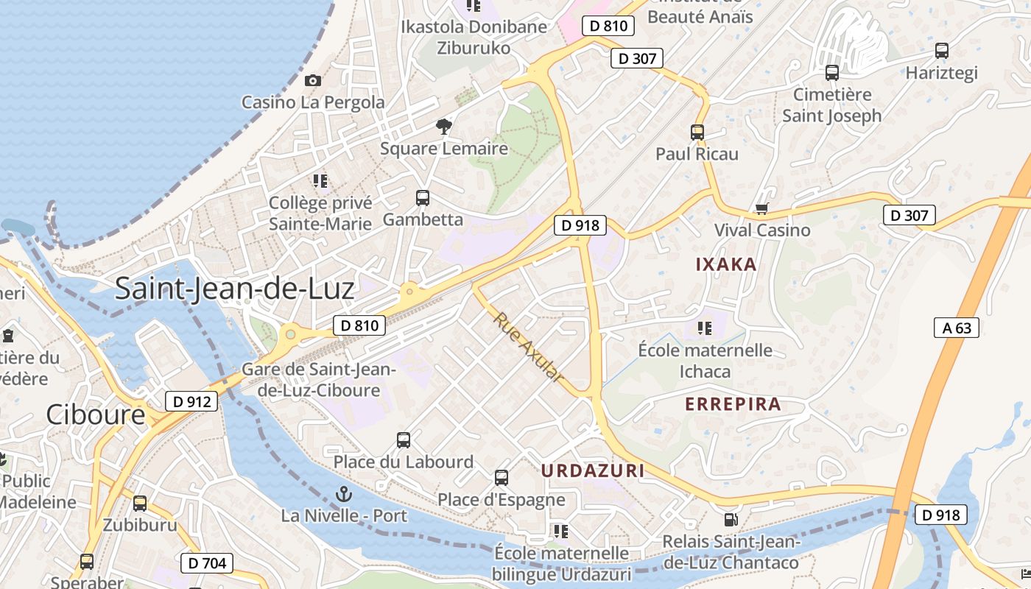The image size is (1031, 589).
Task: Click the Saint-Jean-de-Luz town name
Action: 234,288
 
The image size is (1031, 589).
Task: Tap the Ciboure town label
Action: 96,415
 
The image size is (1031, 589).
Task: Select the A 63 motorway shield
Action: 957,328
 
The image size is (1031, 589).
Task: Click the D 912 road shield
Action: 191,401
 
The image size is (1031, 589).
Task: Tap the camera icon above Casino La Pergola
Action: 313,80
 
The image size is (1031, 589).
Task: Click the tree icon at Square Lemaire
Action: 443,127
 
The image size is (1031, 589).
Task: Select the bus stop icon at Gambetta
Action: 423,197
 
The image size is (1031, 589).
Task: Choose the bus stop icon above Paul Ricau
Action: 697,133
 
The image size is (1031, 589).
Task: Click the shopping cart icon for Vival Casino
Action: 762,208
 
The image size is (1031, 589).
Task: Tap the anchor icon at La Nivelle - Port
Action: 343,494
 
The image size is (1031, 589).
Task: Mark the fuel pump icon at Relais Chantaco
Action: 731,520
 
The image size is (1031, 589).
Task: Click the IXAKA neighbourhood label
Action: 726,264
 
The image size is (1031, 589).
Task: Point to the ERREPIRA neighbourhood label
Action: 733,404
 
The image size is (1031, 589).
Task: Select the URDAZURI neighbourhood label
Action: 593,470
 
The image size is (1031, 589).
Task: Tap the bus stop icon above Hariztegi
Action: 941,51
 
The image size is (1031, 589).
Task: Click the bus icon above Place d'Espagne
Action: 502,478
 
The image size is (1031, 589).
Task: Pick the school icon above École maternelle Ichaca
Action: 705,328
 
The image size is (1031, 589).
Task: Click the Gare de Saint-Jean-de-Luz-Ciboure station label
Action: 319,380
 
